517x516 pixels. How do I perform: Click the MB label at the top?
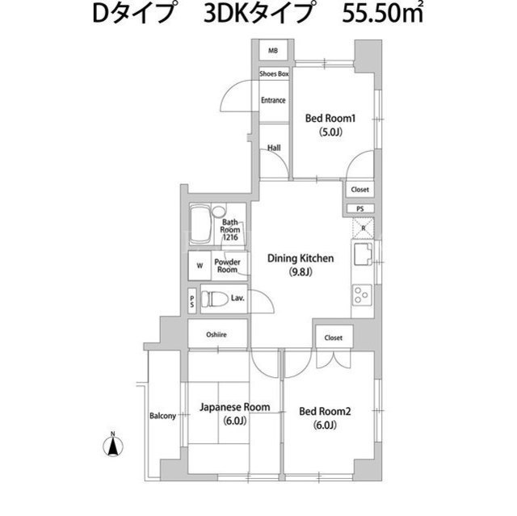pyautogui.click(x=273, y=51)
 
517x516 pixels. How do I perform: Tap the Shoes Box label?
pyautogui.click(x=274, y=73)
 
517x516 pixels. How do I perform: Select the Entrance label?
pyautogui.click(x=273, y=100)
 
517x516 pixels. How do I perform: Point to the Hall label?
pyautogui.click(x=274, y=148)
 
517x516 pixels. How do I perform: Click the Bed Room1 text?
pyautogui.click(x=330, y=118)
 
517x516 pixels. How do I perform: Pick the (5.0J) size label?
pyautogui.click(x=330, y=132)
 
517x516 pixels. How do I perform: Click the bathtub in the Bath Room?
pyautogui.click(x=200, y=224)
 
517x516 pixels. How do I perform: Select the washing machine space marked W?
pyautogui.click(x=200, y=266)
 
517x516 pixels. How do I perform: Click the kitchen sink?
pyautogui.click(x=363, y=254)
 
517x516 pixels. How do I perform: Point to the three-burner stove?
pyautogui.click(x=362, y=295)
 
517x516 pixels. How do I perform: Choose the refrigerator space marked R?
pyautogui.click(x=363, y=228)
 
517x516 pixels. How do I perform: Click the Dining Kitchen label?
pyautogui.click(x=301, y=258)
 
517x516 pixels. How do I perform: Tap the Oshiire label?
pyautogui.click(x=216, y=335)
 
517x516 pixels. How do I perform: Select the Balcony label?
pyautogui.click(x=162, y=416)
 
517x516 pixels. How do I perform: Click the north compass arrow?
pyautogui.click(x=113, y=446)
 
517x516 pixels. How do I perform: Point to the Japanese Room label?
pyautogui.click(x=235, y=407)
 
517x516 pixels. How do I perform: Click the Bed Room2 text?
pyautogui.click(x=325, y=411)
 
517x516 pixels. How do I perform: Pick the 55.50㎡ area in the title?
pyautogui.click(x=382, y=14)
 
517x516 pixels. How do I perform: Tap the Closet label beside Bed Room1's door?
pyautogui.click(x=359, y=190)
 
